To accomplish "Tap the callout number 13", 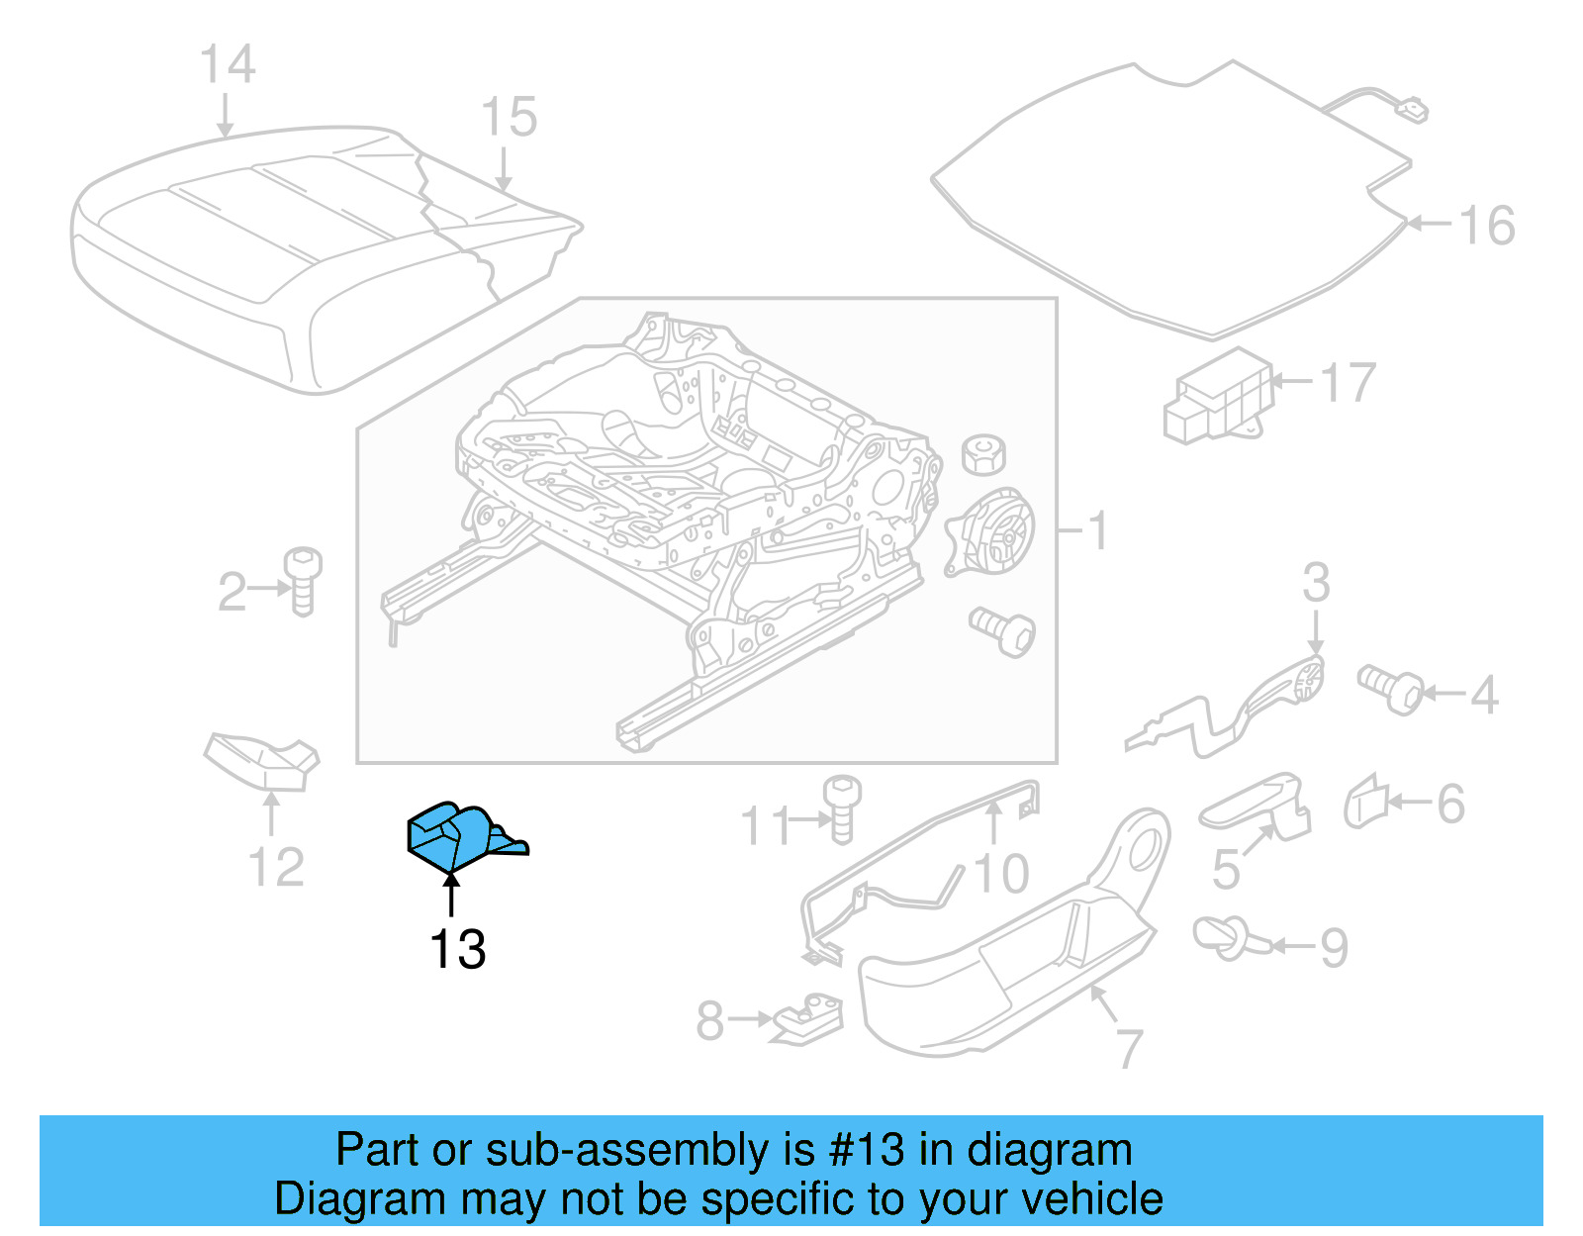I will pyautogui.click(x=457, y=950).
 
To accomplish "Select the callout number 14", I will pyautogui.click(x=228, y=64).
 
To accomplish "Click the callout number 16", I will pyautogui.click(x=1487, y=226).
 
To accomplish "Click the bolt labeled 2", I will pyautogui.click(x=303, y=581).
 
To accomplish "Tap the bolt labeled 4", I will pyautogui.click(x=1390, y=689).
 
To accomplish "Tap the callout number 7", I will pyautogui.click(x=1128, y=1048).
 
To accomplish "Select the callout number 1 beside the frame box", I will pyautogui.click(x=1097, y=531).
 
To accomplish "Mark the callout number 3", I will pyautogui.click(x=1315, y=583).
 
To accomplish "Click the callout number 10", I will pyautogui.click(x=1001, y=874).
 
